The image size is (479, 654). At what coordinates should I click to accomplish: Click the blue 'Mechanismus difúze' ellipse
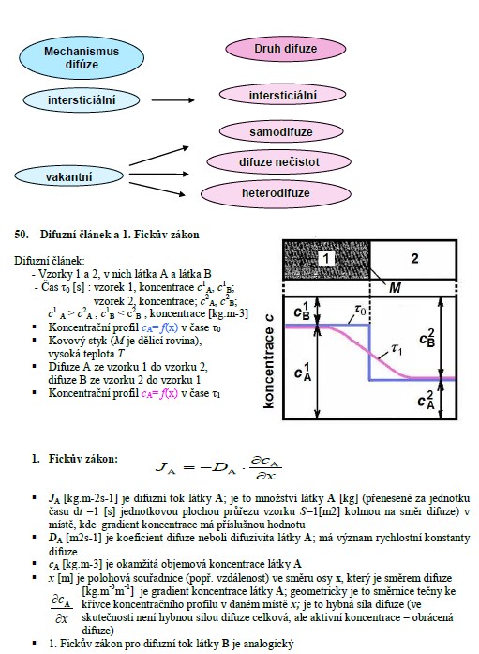click(82, 58)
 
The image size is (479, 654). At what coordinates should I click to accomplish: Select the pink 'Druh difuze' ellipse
click(286, 49)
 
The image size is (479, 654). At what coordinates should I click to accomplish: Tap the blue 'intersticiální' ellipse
click(82, 100)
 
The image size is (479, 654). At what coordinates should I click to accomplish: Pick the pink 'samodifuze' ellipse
click(281, 131)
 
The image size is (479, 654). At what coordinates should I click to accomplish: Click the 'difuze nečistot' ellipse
click(279, 161)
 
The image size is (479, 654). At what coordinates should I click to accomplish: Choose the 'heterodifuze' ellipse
click(276, 193)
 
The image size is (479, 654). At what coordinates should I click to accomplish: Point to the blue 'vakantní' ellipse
click(68, 176)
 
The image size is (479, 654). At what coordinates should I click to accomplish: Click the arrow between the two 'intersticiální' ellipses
click(172, 100)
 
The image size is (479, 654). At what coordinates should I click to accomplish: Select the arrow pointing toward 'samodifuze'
click(159, 156)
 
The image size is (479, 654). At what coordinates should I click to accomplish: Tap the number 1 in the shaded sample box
click(326, 259)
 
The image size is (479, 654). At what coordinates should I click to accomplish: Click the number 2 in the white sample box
click(414, 259)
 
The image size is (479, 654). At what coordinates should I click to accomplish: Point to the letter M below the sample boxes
click(395, 287)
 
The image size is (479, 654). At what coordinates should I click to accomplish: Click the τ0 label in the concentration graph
click(361, 310)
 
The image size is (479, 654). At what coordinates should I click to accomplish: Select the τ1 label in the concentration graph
click(397, 349)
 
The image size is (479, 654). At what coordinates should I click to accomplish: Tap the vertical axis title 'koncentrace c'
click(269, 361)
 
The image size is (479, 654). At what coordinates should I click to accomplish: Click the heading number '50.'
click(22, 235)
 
